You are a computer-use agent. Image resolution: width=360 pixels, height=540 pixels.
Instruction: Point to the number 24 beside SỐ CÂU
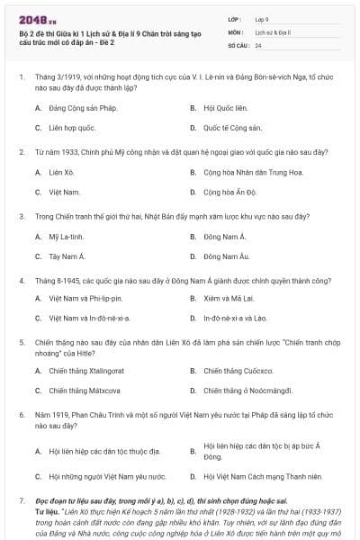[x=258, y=45]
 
